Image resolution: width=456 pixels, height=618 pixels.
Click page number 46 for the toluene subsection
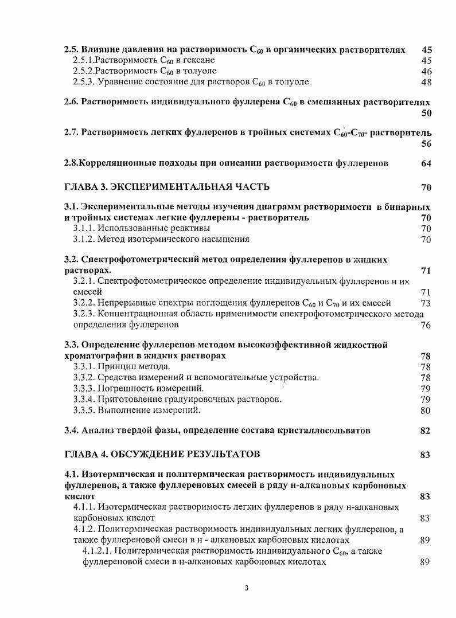426,72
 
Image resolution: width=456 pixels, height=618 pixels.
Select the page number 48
426,83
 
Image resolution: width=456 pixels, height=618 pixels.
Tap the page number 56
426,144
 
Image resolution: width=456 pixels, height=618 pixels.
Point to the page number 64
426,163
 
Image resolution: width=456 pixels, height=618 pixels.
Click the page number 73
426,303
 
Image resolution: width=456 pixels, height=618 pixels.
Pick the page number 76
426,325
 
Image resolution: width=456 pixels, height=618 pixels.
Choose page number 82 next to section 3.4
425,431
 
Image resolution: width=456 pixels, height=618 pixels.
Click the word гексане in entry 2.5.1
201,61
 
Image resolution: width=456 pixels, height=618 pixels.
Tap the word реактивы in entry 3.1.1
187,228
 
